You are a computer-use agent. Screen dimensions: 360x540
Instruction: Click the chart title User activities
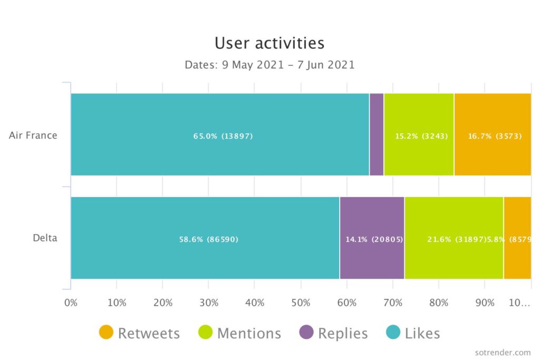269,43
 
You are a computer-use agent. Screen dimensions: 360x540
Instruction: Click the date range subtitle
269,65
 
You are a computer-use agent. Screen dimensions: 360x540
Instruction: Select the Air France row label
33,135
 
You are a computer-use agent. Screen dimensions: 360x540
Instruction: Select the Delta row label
45,238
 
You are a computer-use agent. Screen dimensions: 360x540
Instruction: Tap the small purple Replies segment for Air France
377,134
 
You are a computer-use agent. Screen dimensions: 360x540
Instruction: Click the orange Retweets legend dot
106,333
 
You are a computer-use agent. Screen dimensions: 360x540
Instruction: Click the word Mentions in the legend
249,334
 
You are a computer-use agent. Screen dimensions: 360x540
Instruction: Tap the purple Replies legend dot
306,333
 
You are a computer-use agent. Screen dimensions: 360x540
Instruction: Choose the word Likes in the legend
422,334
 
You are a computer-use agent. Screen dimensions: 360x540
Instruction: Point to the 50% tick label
301,304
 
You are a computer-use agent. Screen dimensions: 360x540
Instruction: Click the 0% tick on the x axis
71,304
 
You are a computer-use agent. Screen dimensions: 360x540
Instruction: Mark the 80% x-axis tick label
439,304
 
